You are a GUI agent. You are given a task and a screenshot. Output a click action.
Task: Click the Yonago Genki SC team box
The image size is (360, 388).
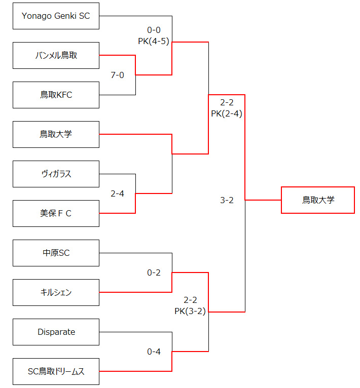pyautogui.click(x=56, y=16)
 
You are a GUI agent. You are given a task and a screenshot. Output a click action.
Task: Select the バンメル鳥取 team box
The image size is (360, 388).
pyautogui.click(x=56, y=55)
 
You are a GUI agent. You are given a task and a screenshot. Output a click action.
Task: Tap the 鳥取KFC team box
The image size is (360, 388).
pyautogui.click(x=56, y=95)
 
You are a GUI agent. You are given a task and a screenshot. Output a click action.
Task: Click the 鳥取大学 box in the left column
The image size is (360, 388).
pyautogui.click(x=56, y=134)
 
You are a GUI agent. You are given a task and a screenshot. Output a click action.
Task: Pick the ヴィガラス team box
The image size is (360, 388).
pyautogui.click(x=56, y=174)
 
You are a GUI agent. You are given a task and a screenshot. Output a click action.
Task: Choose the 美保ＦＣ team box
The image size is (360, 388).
pyautogui.click(x=56, y=213)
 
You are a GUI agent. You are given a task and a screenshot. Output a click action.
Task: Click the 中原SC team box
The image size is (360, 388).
pyautogui.click(x=56, y=253)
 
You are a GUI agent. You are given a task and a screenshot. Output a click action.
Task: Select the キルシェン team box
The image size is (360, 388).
pyautogui.click(x=56, y=292)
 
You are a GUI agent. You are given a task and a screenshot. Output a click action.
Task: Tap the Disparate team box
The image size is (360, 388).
pyautogui.click(x=56, y=332)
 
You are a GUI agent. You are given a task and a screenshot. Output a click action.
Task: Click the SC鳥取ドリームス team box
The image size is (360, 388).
pyautogui.click(x=56, y=371)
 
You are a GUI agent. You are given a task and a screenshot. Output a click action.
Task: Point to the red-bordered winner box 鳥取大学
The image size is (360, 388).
pyautogui.click(x=318, y=200)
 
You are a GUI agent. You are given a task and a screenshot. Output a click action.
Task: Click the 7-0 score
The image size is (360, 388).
pyautogui.click(x=117, y=75)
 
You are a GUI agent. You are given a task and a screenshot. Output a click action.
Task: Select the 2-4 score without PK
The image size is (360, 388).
pyautogui.click(x=117, y=193)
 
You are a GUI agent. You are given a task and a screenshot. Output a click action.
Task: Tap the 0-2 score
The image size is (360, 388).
pyautogui.click(x=154, y=273)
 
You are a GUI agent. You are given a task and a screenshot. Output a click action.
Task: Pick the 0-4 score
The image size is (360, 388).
pyautogui.click(x=154, y=352)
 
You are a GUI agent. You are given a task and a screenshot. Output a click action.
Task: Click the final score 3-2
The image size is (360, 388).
pyautogui.click(x=227, y=200)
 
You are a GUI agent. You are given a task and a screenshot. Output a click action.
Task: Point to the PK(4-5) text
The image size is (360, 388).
pyautogui.click(x=154, y=41)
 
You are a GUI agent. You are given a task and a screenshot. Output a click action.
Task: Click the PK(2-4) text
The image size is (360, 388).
pyautogui.click(x=227, y=113)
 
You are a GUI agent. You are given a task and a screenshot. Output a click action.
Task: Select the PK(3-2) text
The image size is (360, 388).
pyautogui.click(x=190, y=311)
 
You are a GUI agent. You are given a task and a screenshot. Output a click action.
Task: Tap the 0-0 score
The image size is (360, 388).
pyautogui.click(x=154, y=30)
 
